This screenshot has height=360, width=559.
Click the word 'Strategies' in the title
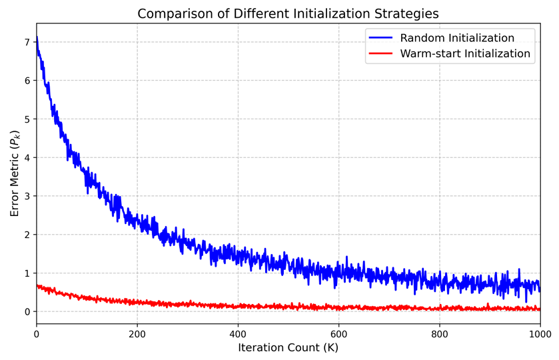(x=406, y=14)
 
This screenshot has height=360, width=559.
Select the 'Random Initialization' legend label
(x=457, y=38)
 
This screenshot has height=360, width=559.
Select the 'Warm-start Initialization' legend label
(x=465, y=54)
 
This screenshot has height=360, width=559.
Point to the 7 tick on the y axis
(x=27, y=42)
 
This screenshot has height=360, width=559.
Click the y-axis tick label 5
(x=27, y=119)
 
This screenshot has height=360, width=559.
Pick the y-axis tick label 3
(x=27, y=196)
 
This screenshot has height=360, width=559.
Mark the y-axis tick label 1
(x=27, y=273)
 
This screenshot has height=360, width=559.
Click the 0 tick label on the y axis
(x=27, y=312)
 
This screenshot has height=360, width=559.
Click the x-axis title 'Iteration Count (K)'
(x=288, y=347)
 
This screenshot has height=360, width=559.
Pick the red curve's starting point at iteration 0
(x=37, y=285)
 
